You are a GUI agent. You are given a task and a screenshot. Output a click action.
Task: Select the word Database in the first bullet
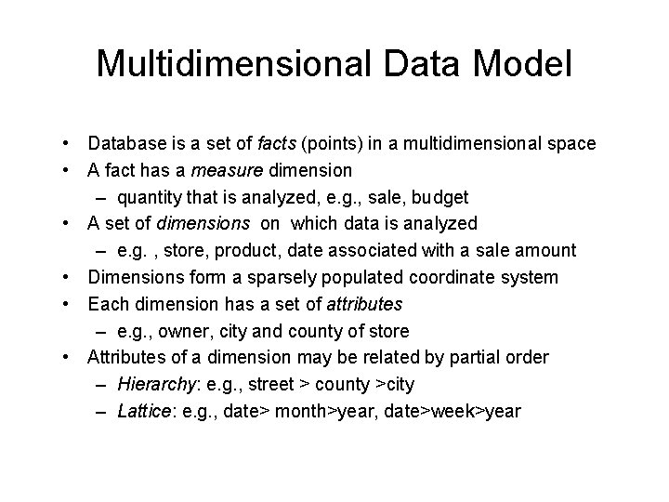[x=126, y=144]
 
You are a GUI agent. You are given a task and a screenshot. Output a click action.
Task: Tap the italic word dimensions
[x=211, y=223]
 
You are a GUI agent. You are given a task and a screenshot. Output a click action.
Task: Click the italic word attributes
[x=364, y=304]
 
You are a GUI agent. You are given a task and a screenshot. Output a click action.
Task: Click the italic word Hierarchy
[x=152, y=384]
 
